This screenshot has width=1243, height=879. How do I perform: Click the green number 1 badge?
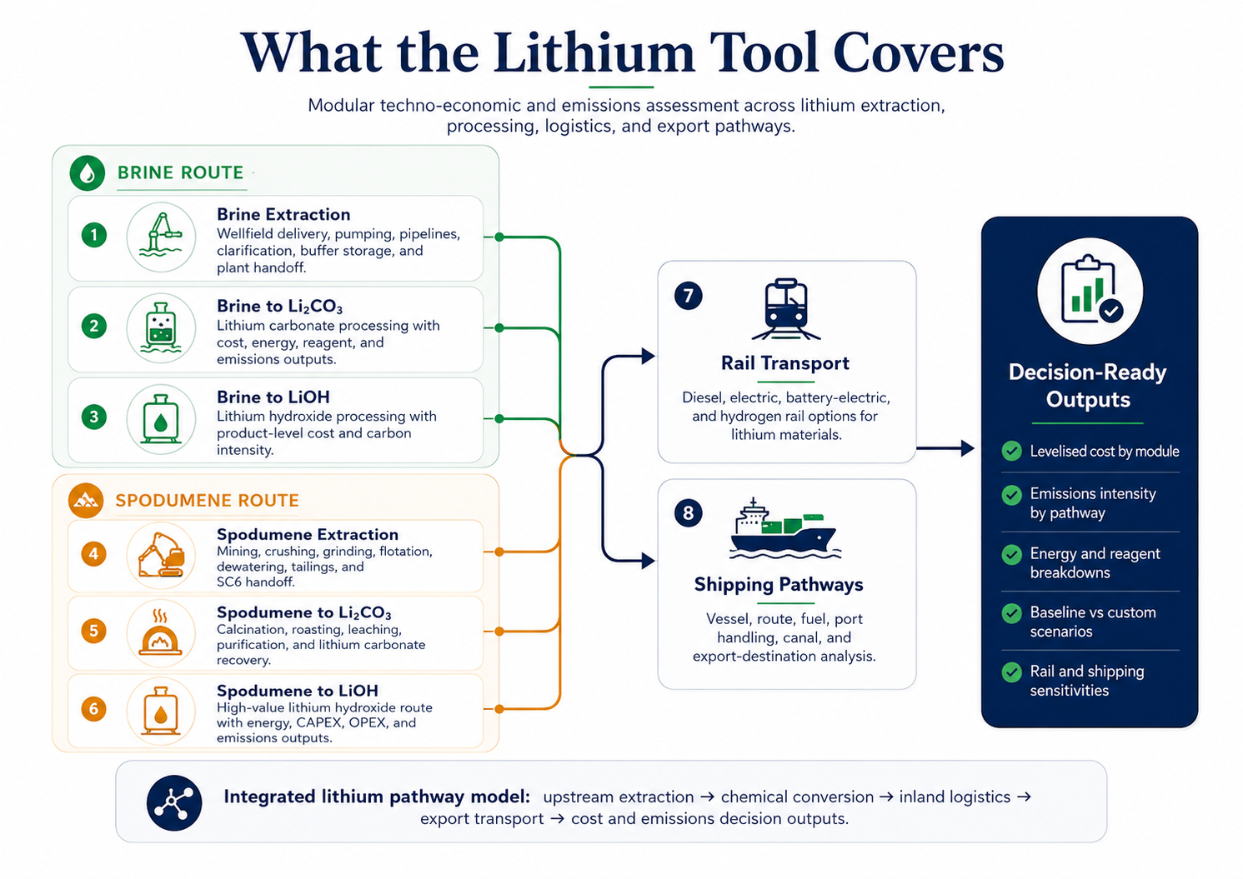click(93, 235)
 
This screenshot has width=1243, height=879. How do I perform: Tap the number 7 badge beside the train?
click(688, 296)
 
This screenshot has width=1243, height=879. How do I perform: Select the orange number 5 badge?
click(93, 631)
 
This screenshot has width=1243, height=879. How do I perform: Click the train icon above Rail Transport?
click(786, 309)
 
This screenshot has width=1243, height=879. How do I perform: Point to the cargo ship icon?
click(784, 528)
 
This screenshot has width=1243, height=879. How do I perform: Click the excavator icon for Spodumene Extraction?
click(161, 555)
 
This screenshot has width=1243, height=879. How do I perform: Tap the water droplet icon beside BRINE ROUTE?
click(88, 173)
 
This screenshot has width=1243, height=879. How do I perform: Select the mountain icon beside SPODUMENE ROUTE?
click(86, 500)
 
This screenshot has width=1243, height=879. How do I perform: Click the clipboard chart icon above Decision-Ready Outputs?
click(1090, 291)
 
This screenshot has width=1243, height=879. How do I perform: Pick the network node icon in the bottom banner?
click(174, 802)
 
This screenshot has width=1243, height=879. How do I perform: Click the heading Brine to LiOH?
click(273, 397)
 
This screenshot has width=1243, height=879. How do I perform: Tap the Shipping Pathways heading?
click(779, 585)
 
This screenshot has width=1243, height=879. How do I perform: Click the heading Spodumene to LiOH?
click(298, 691)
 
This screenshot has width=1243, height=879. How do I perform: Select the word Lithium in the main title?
click(594, 52)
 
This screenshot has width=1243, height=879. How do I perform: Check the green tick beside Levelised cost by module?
click(1011, 451)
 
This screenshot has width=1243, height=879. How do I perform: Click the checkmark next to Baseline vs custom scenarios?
click(1011, 613)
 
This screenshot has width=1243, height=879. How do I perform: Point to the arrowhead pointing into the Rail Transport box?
click(648, 356)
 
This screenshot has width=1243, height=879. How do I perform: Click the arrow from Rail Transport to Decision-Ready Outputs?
click(945, 448)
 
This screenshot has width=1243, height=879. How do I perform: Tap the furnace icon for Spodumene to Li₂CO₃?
click(161, 632)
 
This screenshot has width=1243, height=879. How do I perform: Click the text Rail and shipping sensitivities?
click(1087, 681)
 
